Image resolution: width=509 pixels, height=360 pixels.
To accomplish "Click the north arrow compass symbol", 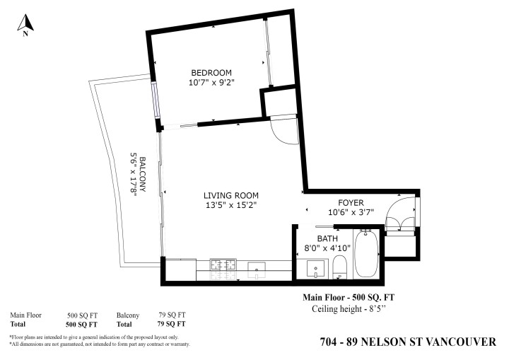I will pyautogui.click(x=26, y=24).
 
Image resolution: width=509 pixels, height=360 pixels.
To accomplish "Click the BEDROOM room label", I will pyautogui.click(x=211, y=73).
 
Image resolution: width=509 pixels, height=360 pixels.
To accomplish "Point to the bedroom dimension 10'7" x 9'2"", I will pyautogui.click(x=211, y=83).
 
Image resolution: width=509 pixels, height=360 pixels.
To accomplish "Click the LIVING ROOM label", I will pyautogui.click(x=231, y=196).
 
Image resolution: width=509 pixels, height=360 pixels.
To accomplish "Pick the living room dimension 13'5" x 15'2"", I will pyautogui.click(x=231, y=206).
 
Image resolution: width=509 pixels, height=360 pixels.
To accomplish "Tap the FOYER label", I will pyautogui.click(x=351, y=203).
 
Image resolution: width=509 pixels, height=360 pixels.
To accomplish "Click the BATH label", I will pyautogui.click(x=328, y=238).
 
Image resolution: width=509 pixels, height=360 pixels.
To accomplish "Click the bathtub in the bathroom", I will pyautogui.click(x=366, y=254).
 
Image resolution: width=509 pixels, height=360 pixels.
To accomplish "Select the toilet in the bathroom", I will pyautogui.click(x=339, y=267).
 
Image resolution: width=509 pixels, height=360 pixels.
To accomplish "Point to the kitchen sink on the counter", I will pyautogui.click(x=256, y=266).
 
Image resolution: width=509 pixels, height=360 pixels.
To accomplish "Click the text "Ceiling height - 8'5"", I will pyautogui.click(x=346, y=309).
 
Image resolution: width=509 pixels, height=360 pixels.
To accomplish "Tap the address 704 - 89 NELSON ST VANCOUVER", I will pyautogui.click(x=408, y=342).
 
